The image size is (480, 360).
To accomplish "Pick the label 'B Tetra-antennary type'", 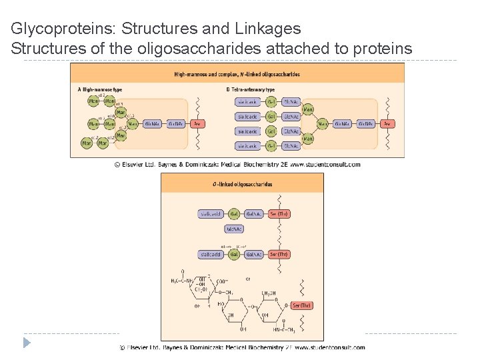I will pos(251,89).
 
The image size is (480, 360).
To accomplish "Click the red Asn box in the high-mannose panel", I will pos(197,123).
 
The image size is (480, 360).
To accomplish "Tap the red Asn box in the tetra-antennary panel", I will pos(387,123).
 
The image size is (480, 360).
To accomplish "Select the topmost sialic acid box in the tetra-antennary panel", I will pos(248,102).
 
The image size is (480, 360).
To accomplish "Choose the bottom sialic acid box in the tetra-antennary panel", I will pos(248,145).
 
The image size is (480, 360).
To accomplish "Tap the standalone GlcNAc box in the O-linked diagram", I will pos(234,229).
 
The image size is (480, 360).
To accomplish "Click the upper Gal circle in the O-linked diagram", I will pos(234,214).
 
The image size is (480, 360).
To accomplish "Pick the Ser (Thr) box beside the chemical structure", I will pos(301,305).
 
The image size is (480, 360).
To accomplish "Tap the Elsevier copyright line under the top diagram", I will pos(237,164).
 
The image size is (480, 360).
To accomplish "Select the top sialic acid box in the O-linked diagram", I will pos(211,214).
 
